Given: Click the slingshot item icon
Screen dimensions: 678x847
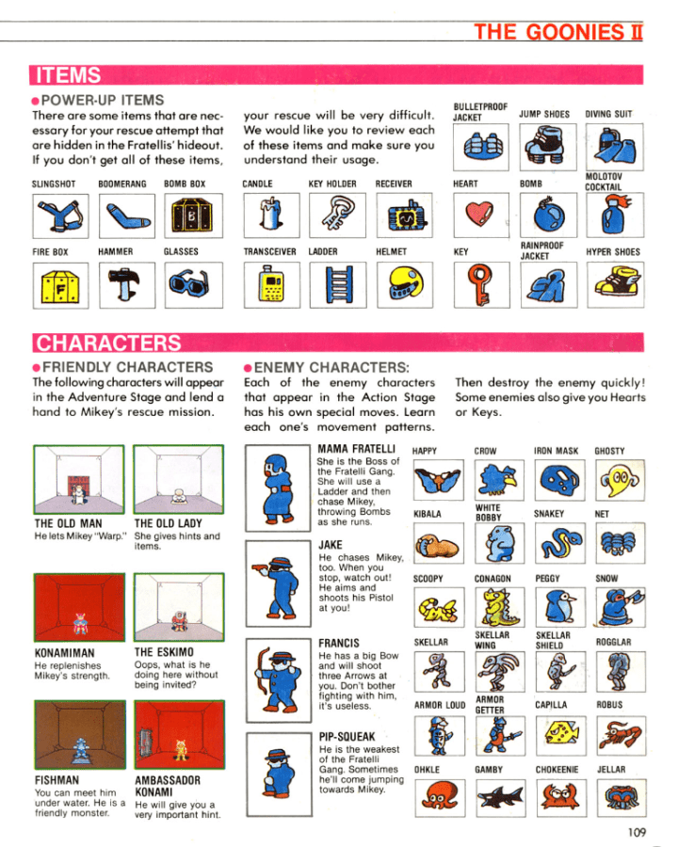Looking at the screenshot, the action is click(x=60, y=216).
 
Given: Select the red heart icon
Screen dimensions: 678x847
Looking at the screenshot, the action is click(x=480, y=214).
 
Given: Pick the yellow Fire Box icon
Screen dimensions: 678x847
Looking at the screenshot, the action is click(x=60, y=286).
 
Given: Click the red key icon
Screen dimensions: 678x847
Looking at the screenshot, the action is click(x=480, y=284).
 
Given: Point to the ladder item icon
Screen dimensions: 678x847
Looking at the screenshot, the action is click(x=339, y=285).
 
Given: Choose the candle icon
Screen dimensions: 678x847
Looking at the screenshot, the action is click(x=271, y=216).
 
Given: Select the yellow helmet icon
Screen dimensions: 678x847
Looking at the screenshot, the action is click(x=405, y=284).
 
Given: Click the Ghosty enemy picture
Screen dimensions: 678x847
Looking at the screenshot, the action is click(x=620, y=480).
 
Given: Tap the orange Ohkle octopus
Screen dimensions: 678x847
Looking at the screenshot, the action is click(x=440, y=797).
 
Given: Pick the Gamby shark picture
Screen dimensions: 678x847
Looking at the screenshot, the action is click(x=501, y=797).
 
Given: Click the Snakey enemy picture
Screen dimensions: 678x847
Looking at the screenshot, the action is click(x=559, y=543).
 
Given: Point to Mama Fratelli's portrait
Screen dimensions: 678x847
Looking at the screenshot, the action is click(x=278, y=488).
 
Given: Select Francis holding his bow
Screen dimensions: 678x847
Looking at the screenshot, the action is click(x=279, y=680).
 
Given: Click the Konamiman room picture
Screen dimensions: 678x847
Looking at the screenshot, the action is click(x=79, y=607).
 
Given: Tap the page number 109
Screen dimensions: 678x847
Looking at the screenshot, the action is click(x=637, y=832).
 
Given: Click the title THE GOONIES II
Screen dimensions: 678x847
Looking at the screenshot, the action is click(x=558, y=32).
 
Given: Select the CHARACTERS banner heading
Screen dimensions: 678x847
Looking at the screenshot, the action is click(x=108, y=343).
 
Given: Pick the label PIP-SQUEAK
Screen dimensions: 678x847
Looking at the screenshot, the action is click(x=347, y=737).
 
